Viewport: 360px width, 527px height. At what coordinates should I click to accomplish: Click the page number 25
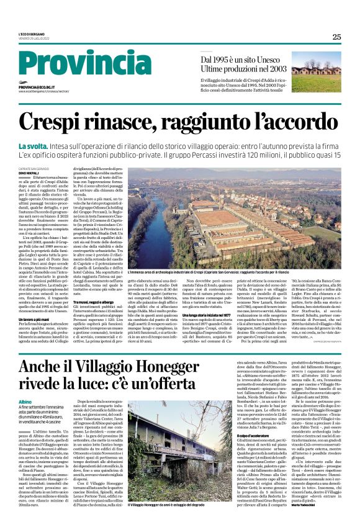(336, 37)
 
